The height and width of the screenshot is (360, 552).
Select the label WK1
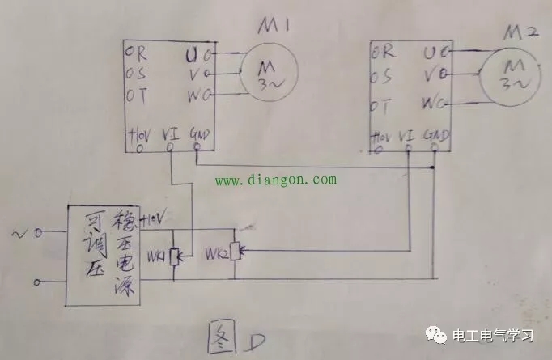click(155, 257)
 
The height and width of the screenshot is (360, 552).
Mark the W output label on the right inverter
click(429, 104)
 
